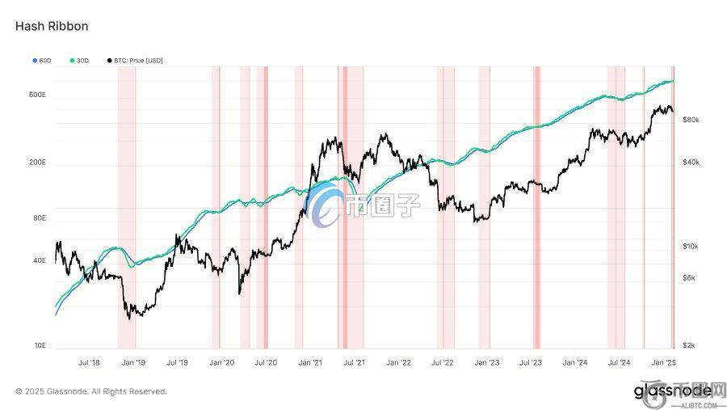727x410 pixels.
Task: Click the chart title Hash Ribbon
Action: click(x=52, y=27)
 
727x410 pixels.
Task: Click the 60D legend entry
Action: click(x=42, y=61)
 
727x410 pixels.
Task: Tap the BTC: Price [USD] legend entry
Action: click(x=135, y=61)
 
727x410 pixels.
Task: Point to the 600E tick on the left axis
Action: click(x=37, y=95)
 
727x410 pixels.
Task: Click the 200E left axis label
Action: click(x=37, y=163)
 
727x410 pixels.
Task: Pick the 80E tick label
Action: click(x=39, y=218)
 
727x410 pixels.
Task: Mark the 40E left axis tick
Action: click(x=39, y=260)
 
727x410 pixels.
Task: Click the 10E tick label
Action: click(x=39, y=345)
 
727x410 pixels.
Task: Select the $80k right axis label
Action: click(x=691, y=120)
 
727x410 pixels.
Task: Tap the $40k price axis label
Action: click(x=691, y=163)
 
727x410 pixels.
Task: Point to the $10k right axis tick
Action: click(x=691, y=246)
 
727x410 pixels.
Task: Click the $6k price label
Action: click(x=689, y=277)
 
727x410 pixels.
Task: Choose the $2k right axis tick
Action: click(x=689, y=345)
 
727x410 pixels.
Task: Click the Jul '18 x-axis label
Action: click(x=89, y=363)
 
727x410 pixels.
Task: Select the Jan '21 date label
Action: click(x=310, y=363)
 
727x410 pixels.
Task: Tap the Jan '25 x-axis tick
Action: click(x=664, y=363)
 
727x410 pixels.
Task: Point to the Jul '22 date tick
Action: click(x=443, y=363)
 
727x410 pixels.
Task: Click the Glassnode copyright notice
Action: click(x=91, y=391)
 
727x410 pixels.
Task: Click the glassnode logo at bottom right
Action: click(x=672, y=391)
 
